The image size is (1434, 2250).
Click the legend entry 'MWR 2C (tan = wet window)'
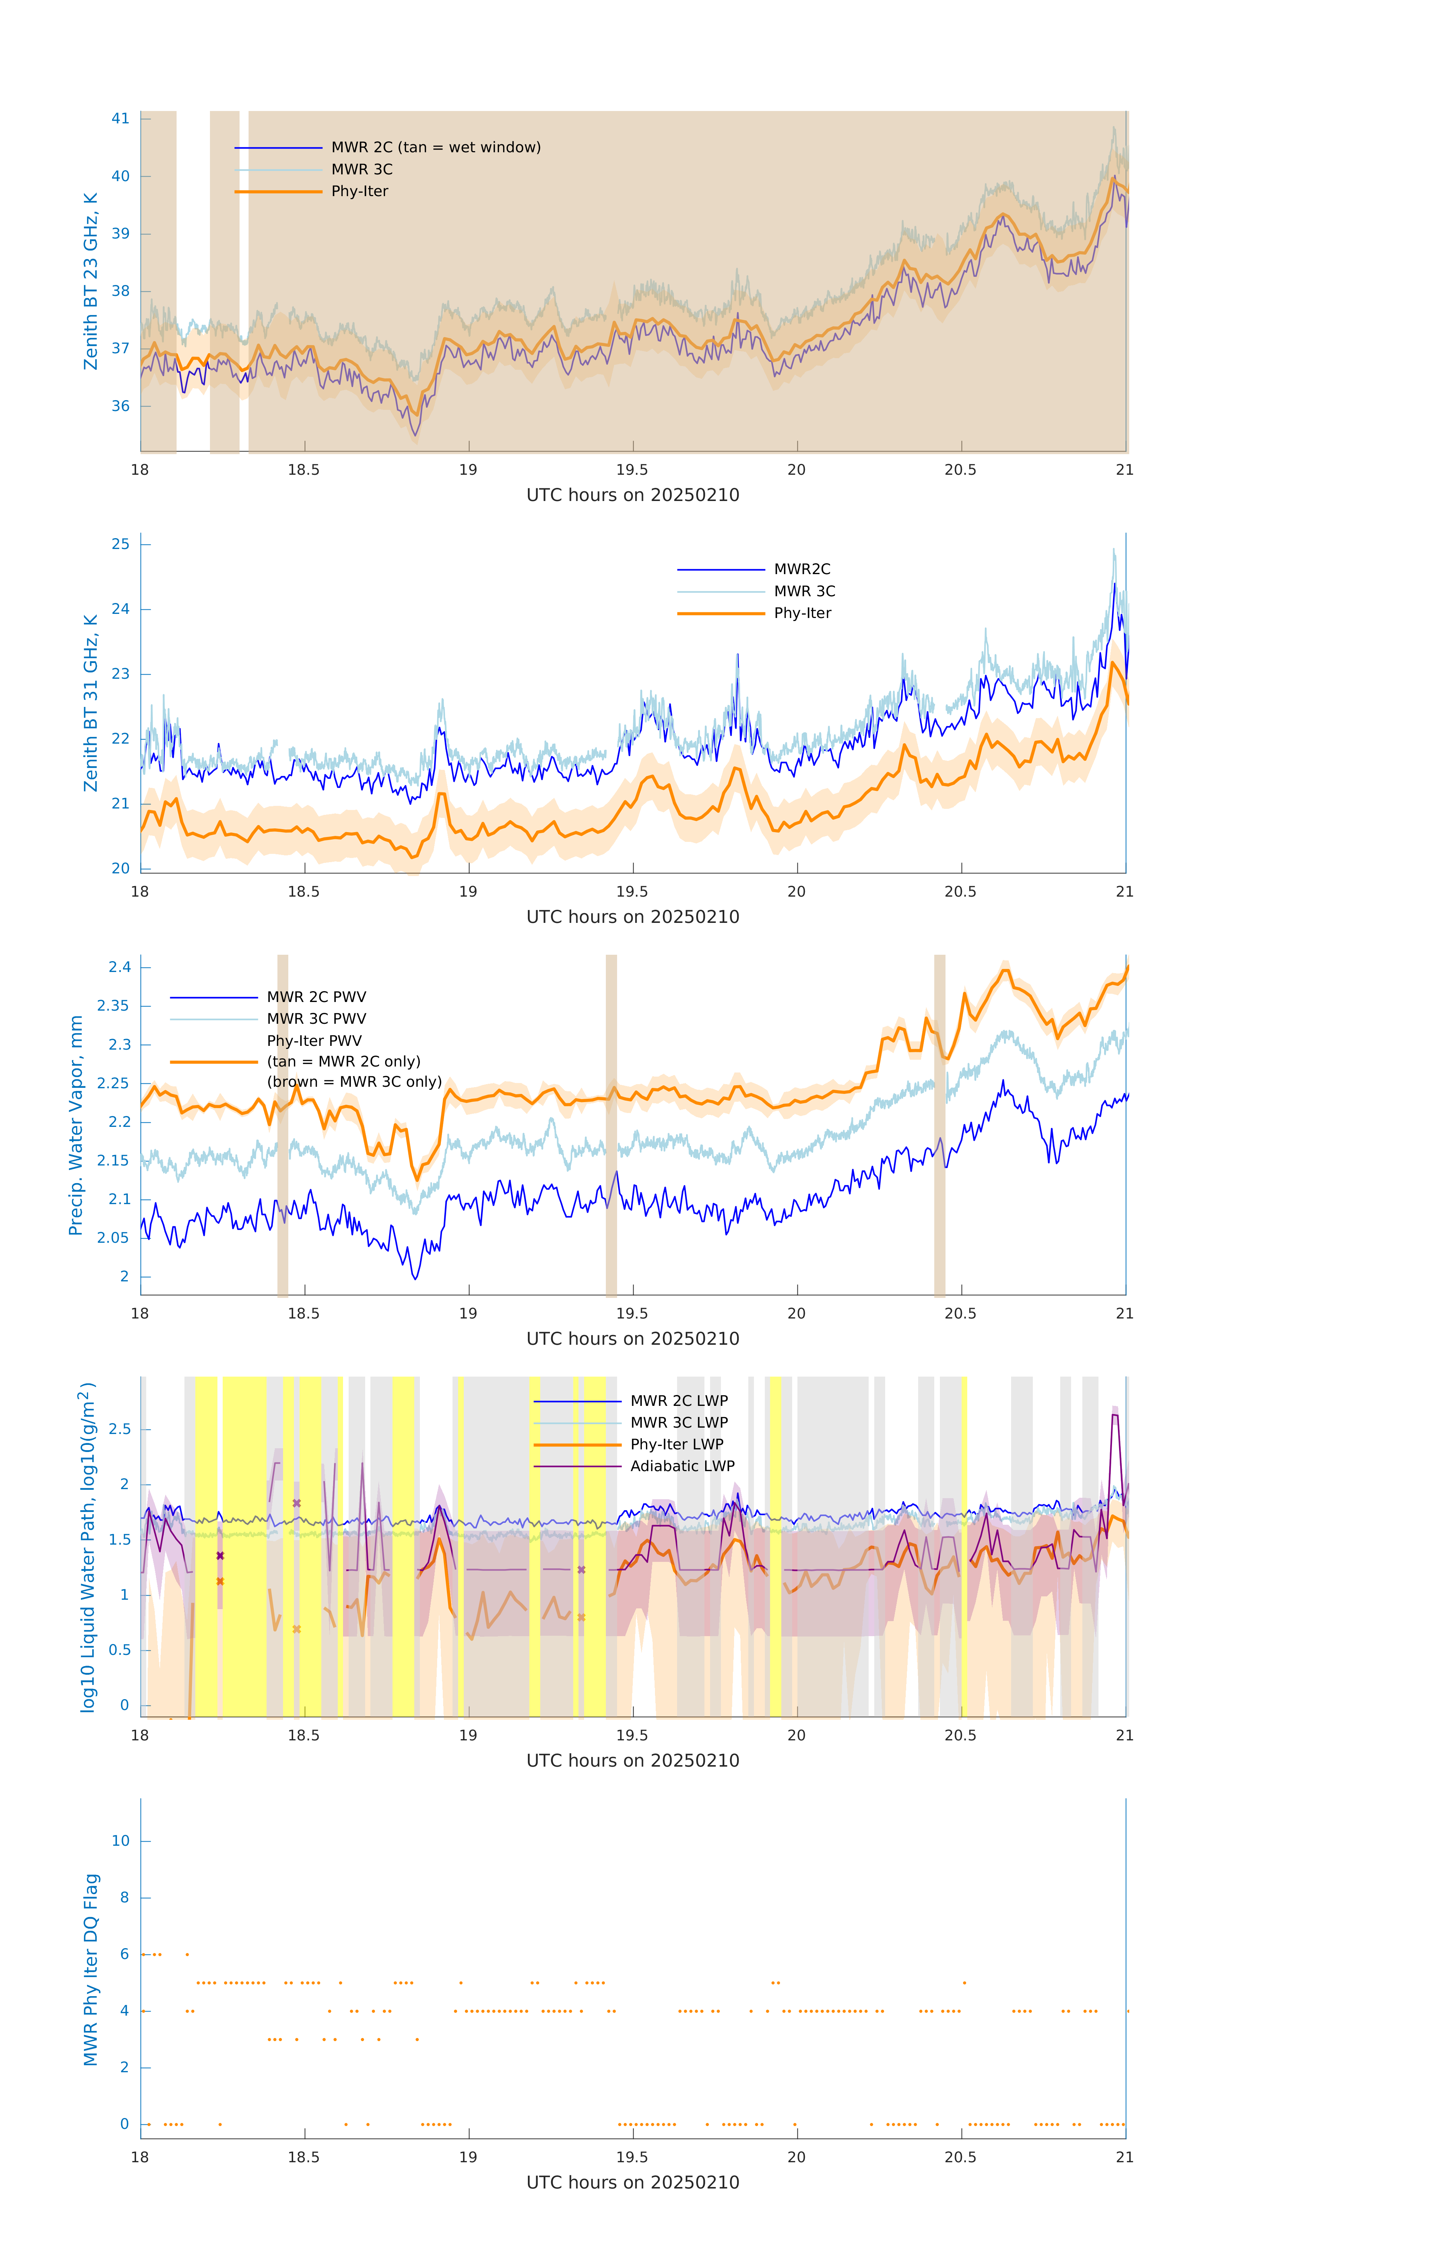click(x=435, y=148)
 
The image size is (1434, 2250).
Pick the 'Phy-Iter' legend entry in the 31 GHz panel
click(x=802, y=613)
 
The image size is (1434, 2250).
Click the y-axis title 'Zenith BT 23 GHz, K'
click(x=91, y=281)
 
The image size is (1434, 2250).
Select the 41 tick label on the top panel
click(x=120, y=118)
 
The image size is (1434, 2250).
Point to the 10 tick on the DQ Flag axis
click(x=120, y=1841)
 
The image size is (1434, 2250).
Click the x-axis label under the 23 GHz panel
click(x=632, y=495)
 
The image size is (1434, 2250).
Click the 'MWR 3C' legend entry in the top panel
click(x=361, y=169)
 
